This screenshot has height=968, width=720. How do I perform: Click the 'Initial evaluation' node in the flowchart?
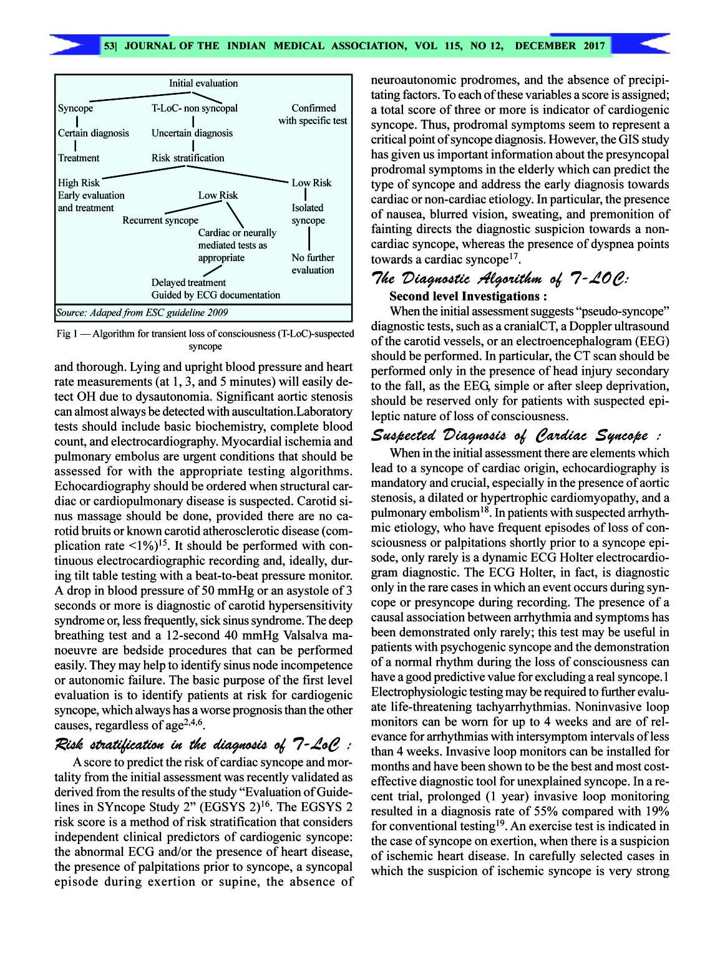203,83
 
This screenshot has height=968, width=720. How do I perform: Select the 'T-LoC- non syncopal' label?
194,108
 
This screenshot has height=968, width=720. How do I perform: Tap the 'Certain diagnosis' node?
94,133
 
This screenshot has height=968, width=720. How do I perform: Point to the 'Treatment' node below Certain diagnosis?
79,158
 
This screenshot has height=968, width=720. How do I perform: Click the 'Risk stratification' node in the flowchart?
188,158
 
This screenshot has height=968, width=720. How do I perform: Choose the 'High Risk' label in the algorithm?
79,183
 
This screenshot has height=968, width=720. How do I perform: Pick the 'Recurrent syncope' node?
160,220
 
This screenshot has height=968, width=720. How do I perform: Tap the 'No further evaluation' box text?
313,264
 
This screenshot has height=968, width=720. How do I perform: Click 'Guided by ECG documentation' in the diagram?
216,295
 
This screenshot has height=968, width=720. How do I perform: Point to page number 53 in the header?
110,46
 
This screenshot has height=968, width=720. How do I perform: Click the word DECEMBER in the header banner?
547,46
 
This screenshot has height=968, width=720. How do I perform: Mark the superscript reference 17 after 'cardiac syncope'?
515,256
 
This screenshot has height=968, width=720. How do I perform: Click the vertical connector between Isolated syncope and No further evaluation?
309,239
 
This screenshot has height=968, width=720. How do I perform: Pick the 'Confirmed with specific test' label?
313,114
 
